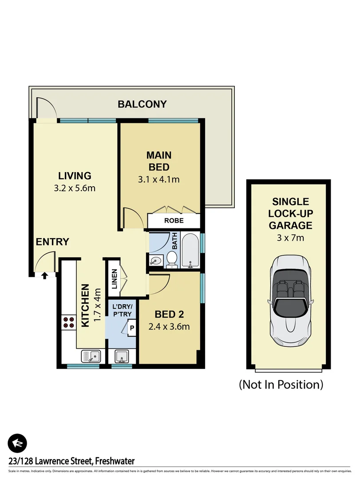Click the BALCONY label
[142, 104]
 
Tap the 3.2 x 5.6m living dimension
[75, 188]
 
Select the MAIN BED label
[159, 161]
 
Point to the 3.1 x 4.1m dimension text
[159, 179]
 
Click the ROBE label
[174, 220]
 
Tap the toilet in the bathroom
[172, 259]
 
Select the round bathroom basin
[155, 260]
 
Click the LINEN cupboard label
[114, 279]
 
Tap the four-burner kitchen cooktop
[69, 322]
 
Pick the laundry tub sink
[122, 356]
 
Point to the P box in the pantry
[132, 329]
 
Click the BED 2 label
[169, 314]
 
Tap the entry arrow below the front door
[44, 276]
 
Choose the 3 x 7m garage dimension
[290, 238]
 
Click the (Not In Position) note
[281, 384]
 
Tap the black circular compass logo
[17, 443]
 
